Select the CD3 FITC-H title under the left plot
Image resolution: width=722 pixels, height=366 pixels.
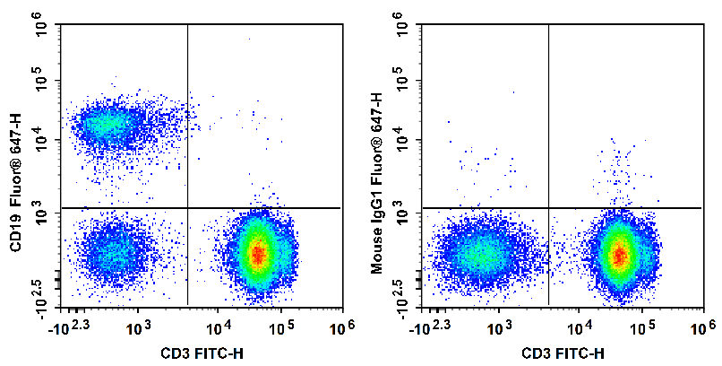pyautogui.click(x=199, y=353)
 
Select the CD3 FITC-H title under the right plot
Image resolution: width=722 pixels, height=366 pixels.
pyautogui.click(x=560, y=353)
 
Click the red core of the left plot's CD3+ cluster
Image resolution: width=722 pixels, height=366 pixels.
pyautogui.click(x=258, y=255)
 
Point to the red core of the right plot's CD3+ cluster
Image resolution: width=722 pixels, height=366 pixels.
pyautogui.click(x=618, y=256)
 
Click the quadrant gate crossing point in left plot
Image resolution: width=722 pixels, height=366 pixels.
pyautogui.click(x=187, y=208)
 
